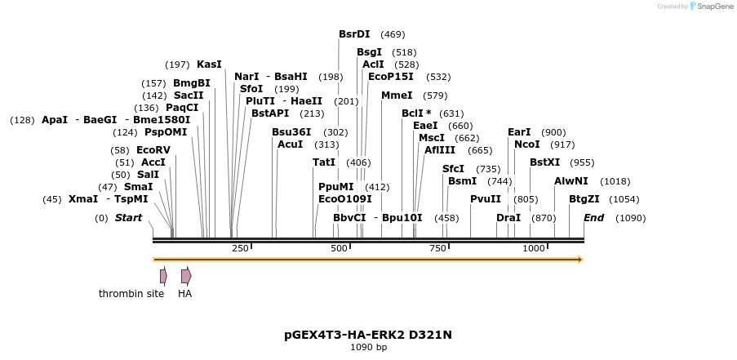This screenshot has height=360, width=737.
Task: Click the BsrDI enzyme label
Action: click(x=354, y=34)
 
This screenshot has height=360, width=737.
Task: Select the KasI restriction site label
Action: click(x=209, y=64)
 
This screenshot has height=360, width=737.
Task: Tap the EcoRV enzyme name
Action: click(x=153, y=150)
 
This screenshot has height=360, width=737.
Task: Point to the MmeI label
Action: click(x=397, y=96)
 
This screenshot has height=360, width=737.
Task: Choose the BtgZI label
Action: click(x=584, y=199)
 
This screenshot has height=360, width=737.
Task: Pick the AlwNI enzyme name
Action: click(x=571, y=181)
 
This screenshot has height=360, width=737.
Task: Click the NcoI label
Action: click(x=527, y=144)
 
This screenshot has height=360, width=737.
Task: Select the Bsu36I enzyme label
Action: click(x=292, y=132)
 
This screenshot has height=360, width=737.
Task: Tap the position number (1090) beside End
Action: click(x=630, y=218)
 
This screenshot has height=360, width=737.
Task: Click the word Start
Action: click(x=128, y=218)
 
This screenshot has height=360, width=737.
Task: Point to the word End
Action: click(x=593, y=218)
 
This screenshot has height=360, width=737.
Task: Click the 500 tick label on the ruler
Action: click(x=339, y=248)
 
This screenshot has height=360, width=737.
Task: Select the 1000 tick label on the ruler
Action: click(x=533, y=248)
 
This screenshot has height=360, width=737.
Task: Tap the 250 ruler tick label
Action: click(x=240, y=248)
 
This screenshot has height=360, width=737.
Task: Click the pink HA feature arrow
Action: click(x=186, y=276)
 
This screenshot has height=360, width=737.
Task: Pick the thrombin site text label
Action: click(x=131, y=294)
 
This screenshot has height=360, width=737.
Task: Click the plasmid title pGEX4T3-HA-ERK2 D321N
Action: click(x=368, y=335)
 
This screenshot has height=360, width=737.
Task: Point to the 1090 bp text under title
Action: click(x=368, y=348)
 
